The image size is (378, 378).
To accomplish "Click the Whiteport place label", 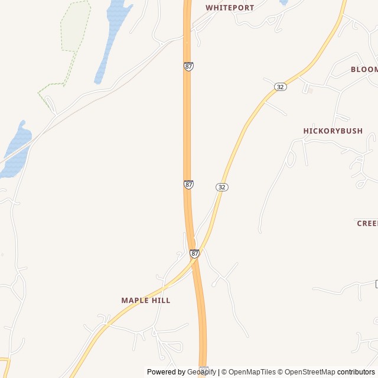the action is [230, 8].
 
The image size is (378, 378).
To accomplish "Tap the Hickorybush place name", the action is [333, 131].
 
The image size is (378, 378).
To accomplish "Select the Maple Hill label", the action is [146, 300].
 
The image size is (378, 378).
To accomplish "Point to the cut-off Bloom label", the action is [364, 69].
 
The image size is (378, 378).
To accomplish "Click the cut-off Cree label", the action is [367, 223].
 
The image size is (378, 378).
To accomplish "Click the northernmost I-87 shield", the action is [188, 67].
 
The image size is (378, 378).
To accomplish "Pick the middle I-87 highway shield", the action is [188, 184].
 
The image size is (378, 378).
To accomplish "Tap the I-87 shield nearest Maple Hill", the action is [194, 253].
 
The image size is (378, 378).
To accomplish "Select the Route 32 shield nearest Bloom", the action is [281, 87].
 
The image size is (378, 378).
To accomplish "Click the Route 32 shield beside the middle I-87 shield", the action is [222, 187].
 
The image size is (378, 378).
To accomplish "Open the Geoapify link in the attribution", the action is [201, 372].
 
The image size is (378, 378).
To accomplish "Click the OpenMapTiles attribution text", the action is [252, 372].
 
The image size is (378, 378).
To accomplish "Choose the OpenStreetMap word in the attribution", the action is [310, 372].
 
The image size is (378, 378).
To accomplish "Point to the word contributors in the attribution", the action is [356, 372].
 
